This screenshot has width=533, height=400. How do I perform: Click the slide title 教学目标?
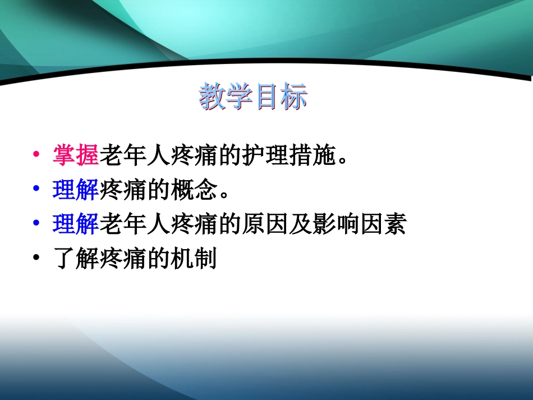[x=253, y=98]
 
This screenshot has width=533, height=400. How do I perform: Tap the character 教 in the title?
[x=212, y=98]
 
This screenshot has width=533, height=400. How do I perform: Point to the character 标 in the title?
[x=294, y=98]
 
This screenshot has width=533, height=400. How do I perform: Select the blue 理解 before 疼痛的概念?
[x=76, y=191]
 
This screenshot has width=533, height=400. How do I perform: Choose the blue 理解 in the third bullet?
[x=76, y=225]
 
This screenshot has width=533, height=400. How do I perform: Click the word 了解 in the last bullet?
[x=76, y=260]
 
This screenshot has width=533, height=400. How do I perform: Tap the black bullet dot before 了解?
[x=36, y=260]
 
